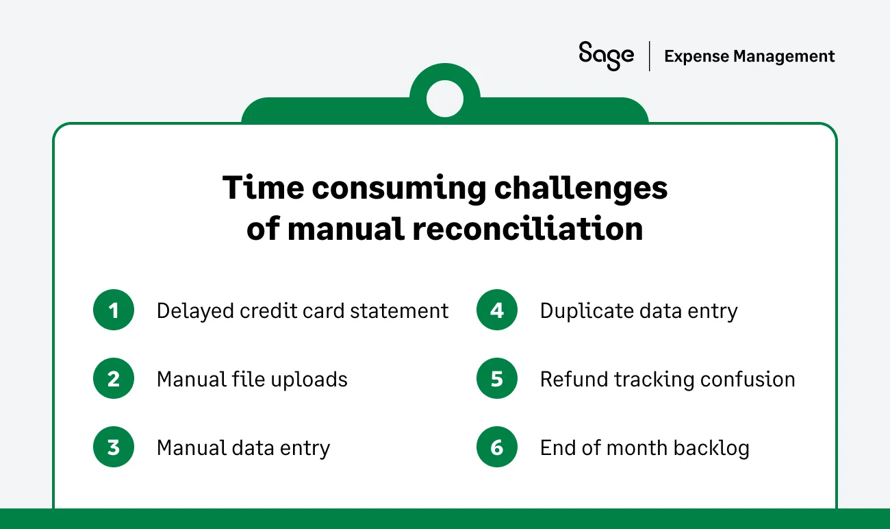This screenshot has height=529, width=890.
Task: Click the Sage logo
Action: click(606, 56)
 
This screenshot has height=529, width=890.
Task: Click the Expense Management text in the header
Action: click(750, 56)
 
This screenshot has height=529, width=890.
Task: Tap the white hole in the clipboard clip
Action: click(444, 99)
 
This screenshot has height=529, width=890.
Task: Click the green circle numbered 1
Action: click(114, 311)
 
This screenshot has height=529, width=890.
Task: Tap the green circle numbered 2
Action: click(114, 380)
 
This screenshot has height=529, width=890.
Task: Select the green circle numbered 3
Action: click(114, 448)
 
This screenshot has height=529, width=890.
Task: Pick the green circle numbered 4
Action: click(497, 311)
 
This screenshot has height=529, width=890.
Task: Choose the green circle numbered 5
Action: click(497, 380)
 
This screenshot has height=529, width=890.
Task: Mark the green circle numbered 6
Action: click(497, 448)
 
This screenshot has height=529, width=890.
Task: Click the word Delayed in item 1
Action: click(195, 311)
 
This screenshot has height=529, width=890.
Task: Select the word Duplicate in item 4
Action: click(581, 311)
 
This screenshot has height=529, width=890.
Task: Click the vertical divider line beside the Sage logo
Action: click(650, 56)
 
